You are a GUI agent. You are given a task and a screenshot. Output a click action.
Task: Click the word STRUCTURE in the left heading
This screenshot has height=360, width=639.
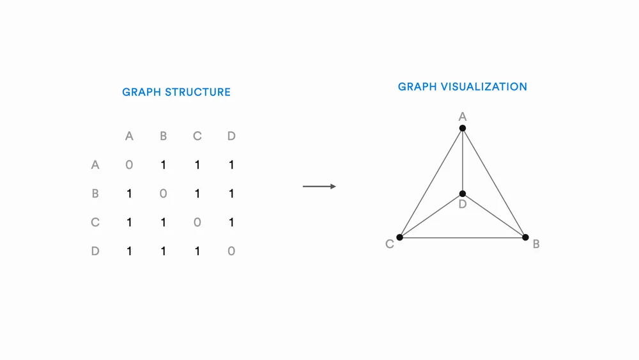[x=197, y=92]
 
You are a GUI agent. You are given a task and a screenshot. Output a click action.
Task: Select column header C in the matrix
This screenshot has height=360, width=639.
[x=197, y=136]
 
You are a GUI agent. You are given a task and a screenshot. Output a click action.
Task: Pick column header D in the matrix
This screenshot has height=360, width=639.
[x=231, y=136]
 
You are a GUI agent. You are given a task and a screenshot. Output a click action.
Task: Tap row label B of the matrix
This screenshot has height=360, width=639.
[x=95, y=194]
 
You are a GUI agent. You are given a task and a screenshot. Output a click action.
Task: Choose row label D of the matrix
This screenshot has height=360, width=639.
[x=95, y=251]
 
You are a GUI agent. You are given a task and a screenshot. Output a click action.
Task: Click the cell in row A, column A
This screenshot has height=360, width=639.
[x=129, y=165]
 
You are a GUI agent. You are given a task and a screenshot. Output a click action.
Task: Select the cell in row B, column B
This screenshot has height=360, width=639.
[x=163, y=194]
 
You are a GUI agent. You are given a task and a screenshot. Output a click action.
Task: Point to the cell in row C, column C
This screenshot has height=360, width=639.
[x=197, y=223]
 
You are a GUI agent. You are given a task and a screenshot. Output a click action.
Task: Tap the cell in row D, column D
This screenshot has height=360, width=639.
[x=231, y=251]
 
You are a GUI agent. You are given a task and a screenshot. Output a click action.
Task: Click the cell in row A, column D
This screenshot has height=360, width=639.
[x=231, y=165]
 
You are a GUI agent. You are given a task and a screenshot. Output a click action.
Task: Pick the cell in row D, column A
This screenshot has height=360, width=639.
[x=129, y=251]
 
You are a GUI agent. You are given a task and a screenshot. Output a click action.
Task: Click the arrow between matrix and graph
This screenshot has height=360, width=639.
[x=319, y=187]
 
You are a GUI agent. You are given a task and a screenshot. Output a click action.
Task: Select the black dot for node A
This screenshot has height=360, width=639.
[x=462, y=128]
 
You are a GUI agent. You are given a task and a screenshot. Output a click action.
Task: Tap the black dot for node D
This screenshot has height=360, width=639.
[x=462, y=194]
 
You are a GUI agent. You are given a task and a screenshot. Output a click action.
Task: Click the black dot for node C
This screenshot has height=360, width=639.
[x=399, y=237]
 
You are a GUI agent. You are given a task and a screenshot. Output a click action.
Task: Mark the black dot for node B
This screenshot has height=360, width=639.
[x=525, y=237]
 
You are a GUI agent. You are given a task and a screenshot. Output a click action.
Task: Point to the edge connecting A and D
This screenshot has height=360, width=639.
[x=462, y=160]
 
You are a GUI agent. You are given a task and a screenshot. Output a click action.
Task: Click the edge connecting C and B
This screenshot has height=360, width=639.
[x=462, y=238]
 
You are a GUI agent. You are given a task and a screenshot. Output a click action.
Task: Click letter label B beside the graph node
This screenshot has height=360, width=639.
[x=536, y=244]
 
